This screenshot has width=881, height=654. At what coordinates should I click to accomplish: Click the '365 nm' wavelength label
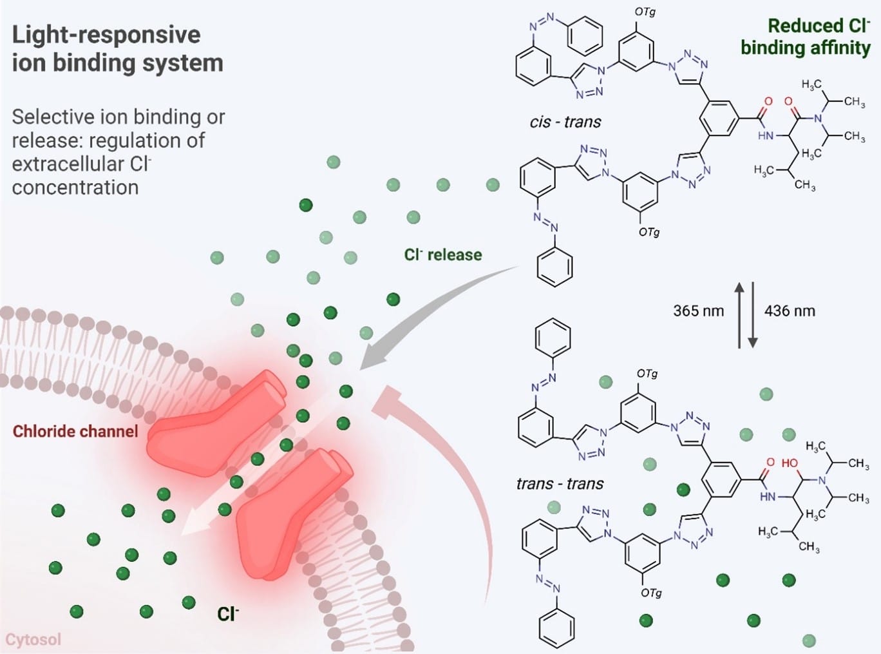click(x=698, y=311)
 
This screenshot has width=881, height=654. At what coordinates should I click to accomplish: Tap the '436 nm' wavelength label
click(x=790, y=311)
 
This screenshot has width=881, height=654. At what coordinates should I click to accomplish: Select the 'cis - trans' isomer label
click(x=565, y=122)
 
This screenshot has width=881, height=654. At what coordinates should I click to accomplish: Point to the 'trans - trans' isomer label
click(x=560, y=483)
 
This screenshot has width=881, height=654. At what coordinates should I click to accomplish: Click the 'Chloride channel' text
click(x=75, y=431)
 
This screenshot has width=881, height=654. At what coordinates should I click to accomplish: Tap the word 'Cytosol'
click(x=33, y=639)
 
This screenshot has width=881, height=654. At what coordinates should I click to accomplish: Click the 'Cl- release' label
click(x=443, y=255)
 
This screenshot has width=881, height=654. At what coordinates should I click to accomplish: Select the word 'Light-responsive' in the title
click(x=106, y=35)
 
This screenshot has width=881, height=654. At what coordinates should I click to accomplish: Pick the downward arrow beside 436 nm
click(x=752, y=314)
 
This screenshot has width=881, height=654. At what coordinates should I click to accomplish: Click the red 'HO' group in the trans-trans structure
click(x=789, y=463)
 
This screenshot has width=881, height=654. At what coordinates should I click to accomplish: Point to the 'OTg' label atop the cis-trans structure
click(x=645, y=12)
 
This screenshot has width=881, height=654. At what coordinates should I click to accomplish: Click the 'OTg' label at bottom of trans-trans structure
click(x=650, y=593)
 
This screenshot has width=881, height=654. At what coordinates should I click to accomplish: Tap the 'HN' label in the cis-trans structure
click(x=766, y=136)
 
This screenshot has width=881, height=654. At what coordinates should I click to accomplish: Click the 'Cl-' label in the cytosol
click(x=227, y=613)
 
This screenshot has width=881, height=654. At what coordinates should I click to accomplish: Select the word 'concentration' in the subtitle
click(x=75, y=188)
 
